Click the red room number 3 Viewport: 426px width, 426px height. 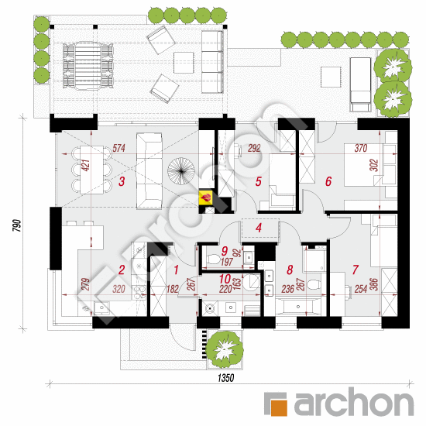coord(122,181)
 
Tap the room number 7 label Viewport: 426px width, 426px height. coord(356,270)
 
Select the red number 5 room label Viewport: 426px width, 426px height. coord(258,181)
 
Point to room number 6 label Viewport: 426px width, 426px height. coord(328,181)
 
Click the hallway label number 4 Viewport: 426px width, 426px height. coord(259,228)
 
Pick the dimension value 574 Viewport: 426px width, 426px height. coord(119,148)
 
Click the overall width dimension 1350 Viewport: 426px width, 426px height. coord(225,378)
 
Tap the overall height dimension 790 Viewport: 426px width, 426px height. coord(17,225)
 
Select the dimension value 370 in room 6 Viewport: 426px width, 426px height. coord(361,148)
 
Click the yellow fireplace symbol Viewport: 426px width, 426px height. coord(206,198)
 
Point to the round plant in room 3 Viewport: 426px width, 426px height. coord(181,171)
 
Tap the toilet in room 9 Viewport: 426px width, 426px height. coord(213,259)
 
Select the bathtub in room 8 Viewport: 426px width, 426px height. coord(298,307)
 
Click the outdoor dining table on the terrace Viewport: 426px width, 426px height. coord(88,66)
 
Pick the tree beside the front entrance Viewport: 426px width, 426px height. coord(225,348)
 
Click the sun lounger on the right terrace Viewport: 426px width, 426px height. coord(360,84)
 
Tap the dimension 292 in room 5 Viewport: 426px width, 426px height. coord(254,148)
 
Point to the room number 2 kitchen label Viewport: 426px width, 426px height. coord(122,270)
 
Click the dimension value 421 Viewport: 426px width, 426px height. coord(85,166)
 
